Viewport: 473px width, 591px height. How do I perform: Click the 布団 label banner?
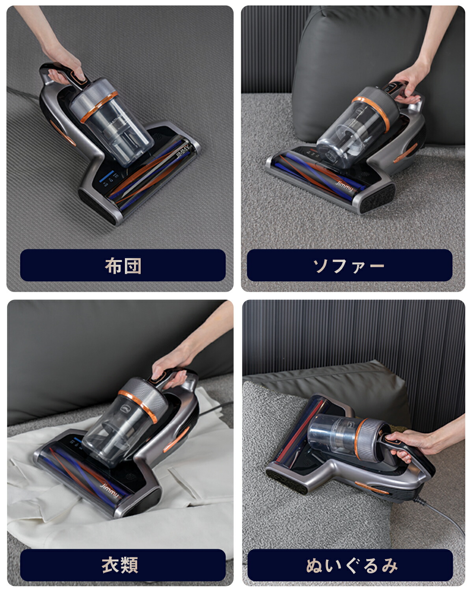point(123,265)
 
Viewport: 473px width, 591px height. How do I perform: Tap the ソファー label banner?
point(349,265)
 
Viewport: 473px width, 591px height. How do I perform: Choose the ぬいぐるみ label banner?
point(350,565)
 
